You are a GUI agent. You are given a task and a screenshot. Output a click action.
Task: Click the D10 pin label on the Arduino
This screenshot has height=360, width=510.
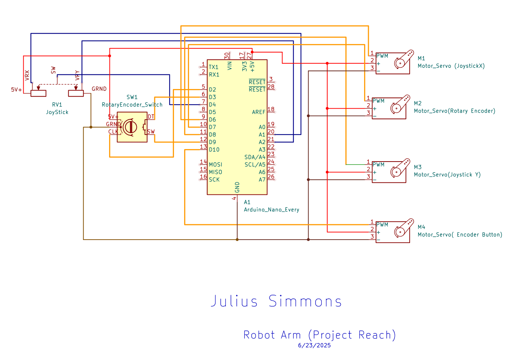(x=214, y=150)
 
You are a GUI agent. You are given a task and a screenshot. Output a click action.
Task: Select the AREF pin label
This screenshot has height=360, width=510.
(x=259, y=112)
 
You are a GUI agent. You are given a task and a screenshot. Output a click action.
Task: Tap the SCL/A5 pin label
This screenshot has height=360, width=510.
(x=255, y=164)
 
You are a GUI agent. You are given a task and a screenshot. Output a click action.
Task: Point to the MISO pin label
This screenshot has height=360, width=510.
(x=215, y=172)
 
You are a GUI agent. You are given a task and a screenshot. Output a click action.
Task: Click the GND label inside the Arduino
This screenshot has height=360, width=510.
(x=237, y=187)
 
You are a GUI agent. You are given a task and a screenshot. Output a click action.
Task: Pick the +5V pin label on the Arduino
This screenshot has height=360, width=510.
(x=252, y=66)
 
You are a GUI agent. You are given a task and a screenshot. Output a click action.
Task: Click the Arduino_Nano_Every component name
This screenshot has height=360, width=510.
(x=271, y=210)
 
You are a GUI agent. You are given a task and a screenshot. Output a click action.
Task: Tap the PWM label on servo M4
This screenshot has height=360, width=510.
(x=382, y=225)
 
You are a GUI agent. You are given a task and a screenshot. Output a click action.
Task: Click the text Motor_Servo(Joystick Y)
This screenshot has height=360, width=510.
(x=447, y=175)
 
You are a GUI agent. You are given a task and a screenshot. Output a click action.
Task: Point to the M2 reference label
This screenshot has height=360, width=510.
(x=418, y=103)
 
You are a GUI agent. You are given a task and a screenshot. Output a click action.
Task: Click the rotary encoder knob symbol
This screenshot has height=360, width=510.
(x=130, y=127)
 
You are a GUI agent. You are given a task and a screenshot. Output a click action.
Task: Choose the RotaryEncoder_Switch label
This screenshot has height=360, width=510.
(x=132, y=105)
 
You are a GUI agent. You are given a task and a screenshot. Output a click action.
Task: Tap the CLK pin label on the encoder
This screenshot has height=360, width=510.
(x=113, y=132)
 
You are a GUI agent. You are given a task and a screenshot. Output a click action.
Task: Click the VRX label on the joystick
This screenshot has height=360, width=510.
(x=27, y=76)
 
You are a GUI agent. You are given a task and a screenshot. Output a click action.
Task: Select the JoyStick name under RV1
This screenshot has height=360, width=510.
(x=57, y=112)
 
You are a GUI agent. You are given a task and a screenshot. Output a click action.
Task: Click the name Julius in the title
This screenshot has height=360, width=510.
(x=234, y=301)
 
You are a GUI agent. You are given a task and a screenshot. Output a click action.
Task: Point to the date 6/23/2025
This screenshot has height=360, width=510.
(x=314, y=345)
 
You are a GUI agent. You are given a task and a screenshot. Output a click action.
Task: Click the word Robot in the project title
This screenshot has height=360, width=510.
(x=259, y=335)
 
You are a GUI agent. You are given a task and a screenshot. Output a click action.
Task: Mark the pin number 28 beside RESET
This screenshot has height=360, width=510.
(x=271, y=87)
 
